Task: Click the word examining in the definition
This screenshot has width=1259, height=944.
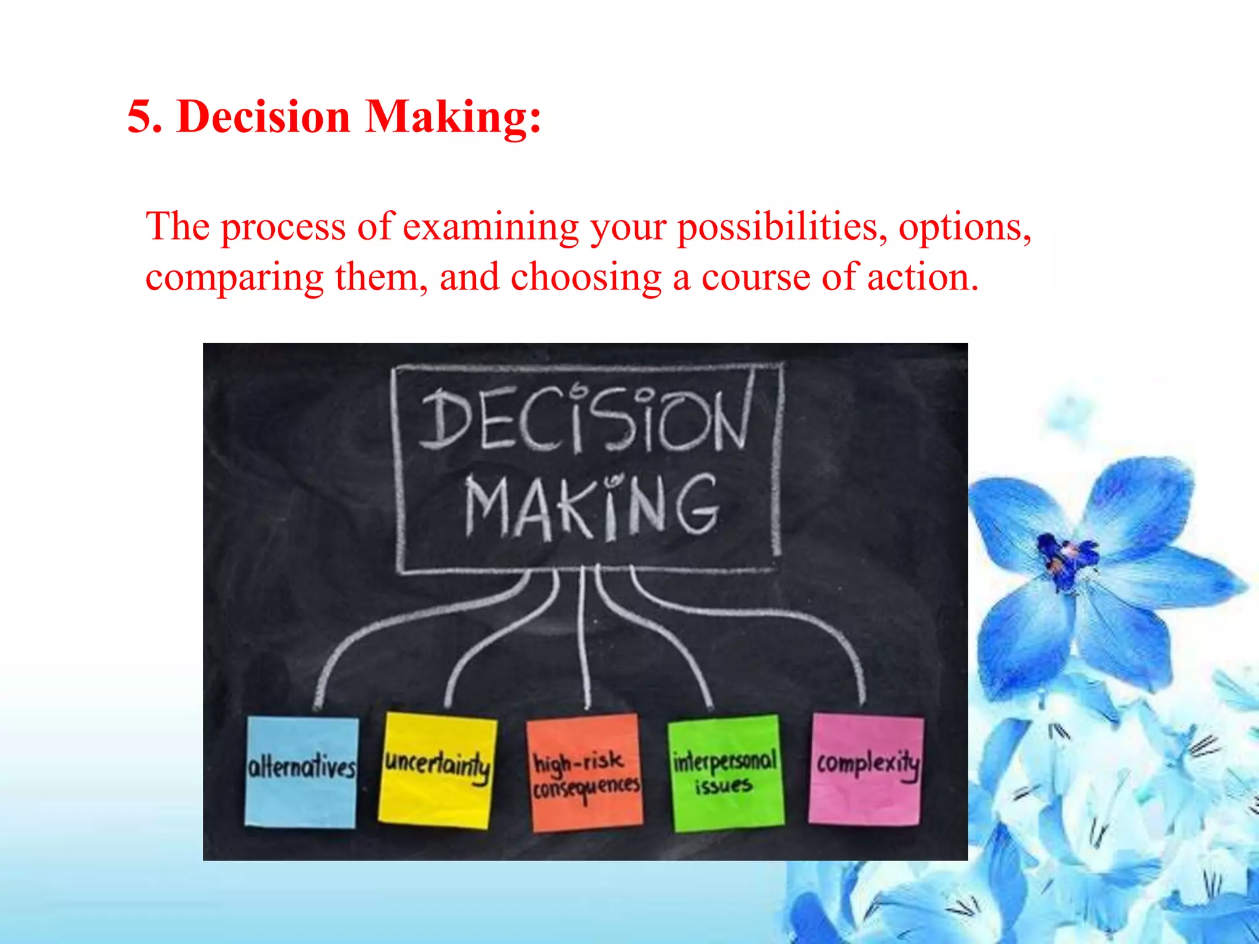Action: click(490, 227)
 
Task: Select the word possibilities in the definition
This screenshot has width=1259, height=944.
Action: click(781, 227)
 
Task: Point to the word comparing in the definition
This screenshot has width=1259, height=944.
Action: click(234, 278)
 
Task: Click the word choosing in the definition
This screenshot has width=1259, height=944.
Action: click(585, 278)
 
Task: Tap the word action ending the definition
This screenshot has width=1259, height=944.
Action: click(922, 278)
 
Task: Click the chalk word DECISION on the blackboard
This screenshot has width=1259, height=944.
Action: click(584, 419)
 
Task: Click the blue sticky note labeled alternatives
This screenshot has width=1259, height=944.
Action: click(301, 771)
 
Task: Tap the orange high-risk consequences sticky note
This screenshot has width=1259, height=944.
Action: click(585, 773)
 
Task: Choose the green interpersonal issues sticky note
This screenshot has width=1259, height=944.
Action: click(726, 772)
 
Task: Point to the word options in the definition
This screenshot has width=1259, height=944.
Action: click(964, 227)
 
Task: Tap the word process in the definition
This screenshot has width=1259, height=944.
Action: click(283, 227)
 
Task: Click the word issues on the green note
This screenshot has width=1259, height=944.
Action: click(724, 786)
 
